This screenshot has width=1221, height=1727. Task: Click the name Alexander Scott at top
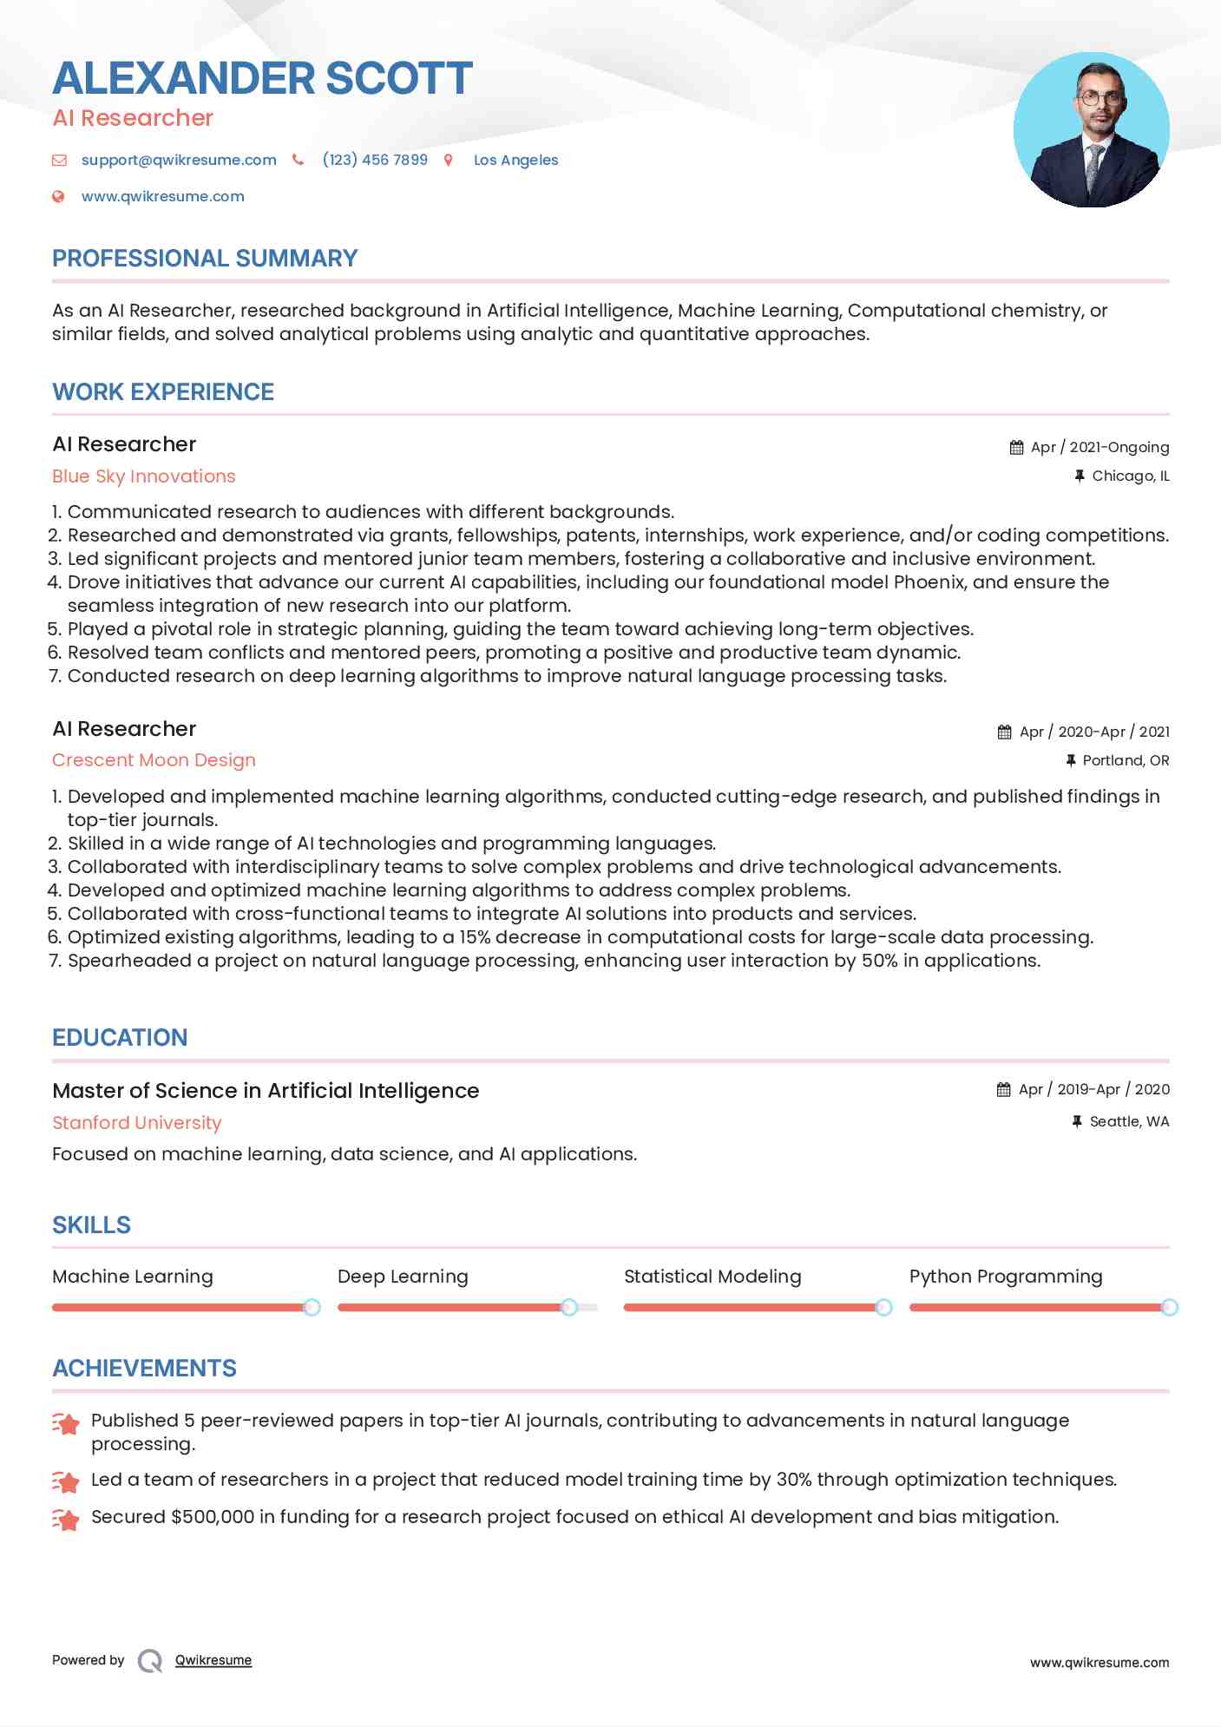point(262,78)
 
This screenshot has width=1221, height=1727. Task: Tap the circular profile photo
point(1091,130)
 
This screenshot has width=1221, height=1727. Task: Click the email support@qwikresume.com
point(179,160)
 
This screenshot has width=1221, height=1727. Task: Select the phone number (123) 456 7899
point(375,160)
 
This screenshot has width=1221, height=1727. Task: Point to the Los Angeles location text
point(515,160)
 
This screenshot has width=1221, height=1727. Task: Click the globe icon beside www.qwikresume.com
point(58,196)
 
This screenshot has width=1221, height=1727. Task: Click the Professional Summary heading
point(205,259)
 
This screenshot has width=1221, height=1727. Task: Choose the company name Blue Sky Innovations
point(144,476)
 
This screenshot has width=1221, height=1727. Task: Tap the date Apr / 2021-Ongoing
point(1100,447)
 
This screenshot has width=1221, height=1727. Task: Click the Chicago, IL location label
point(1130,476)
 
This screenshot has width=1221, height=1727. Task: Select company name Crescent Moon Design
point(154,760)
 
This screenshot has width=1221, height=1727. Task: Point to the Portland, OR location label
point(1126,760)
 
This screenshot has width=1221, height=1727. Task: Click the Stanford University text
point(137,1122)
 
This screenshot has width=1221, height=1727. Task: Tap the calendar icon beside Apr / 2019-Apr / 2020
point(1004,1089)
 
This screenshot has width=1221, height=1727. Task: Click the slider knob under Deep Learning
point(569,1307)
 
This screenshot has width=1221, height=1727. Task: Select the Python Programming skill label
point(1006,1277)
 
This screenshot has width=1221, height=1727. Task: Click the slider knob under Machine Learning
point(312,1307)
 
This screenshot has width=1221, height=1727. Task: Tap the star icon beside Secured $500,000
point(66,1519)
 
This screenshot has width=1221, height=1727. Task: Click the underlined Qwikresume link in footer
point(213,1660)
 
